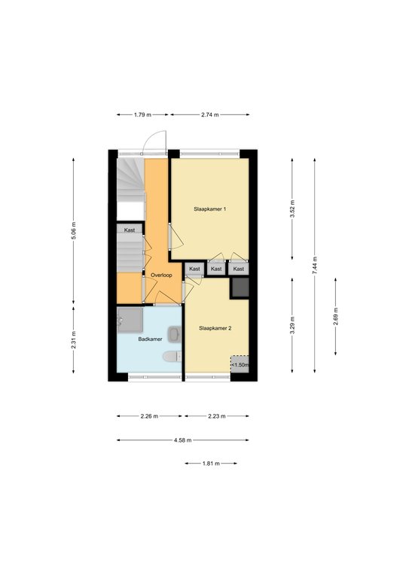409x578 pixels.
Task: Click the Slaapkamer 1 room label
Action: (210, 209)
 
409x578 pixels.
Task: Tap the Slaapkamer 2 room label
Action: (215, 328)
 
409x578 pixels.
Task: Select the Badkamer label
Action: (150, 339)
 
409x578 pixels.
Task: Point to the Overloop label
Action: (161, 275)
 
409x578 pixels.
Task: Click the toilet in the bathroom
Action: (172, 357)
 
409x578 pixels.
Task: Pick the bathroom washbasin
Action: (175, 334)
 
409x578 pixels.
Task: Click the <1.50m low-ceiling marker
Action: (240, 365)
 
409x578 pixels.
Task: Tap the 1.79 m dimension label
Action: (142, 114)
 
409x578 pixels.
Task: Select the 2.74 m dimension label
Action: (210, 114)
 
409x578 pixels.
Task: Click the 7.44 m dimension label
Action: (315, 265)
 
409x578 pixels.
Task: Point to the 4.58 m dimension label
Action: (182, 440)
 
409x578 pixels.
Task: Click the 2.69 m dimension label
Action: (336, 316)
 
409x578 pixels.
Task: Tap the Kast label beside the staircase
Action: (130, 230)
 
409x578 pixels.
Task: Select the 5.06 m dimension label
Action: (73, 231)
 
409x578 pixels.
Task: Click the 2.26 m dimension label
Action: (149, 416)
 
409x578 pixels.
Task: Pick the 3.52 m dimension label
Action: (292, 209)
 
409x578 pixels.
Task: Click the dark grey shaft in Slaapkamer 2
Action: (240, 287)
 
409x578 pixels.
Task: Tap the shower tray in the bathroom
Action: (130, 321)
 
